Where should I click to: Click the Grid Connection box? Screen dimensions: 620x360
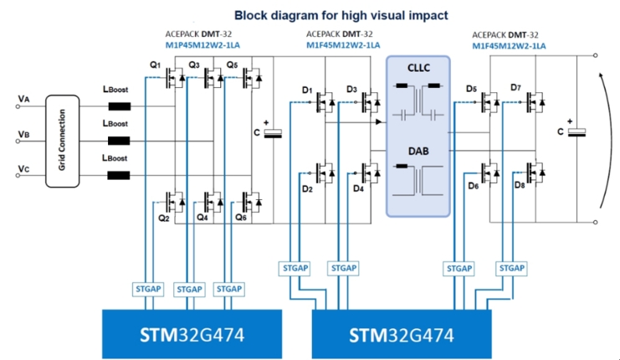(63, 141)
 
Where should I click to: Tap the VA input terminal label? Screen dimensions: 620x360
(23, 99)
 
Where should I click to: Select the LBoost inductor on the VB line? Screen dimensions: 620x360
(119, 141)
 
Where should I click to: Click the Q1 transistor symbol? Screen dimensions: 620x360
(174, 78)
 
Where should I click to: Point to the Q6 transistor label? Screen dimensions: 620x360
(241, 217)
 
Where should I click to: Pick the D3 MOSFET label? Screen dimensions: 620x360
(351, 90)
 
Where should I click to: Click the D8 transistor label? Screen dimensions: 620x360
(520, 185)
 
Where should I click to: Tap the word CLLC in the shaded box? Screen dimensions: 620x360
(418, 68)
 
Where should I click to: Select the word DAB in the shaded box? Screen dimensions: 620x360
(418, 152)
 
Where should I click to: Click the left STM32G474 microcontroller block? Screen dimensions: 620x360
(192, 334)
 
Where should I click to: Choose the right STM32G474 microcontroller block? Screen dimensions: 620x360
(402, 334)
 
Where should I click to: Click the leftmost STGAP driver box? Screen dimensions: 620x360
(148, 289)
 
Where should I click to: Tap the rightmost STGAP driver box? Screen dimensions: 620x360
(512, 268)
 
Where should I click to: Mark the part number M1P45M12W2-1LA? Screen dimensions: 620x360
(202, 45)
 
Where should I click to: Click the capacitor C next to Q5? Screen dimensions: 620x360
(273, 133)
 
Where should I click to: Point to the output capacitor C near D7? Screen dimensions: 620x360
(576, 132)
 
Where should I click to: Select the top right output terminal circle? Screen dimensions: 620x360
(596, 55)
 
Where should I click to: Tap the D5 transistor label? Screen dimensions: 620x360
(471, 89)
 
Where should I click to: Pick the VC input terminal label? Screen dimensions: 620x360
(23, 169)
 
